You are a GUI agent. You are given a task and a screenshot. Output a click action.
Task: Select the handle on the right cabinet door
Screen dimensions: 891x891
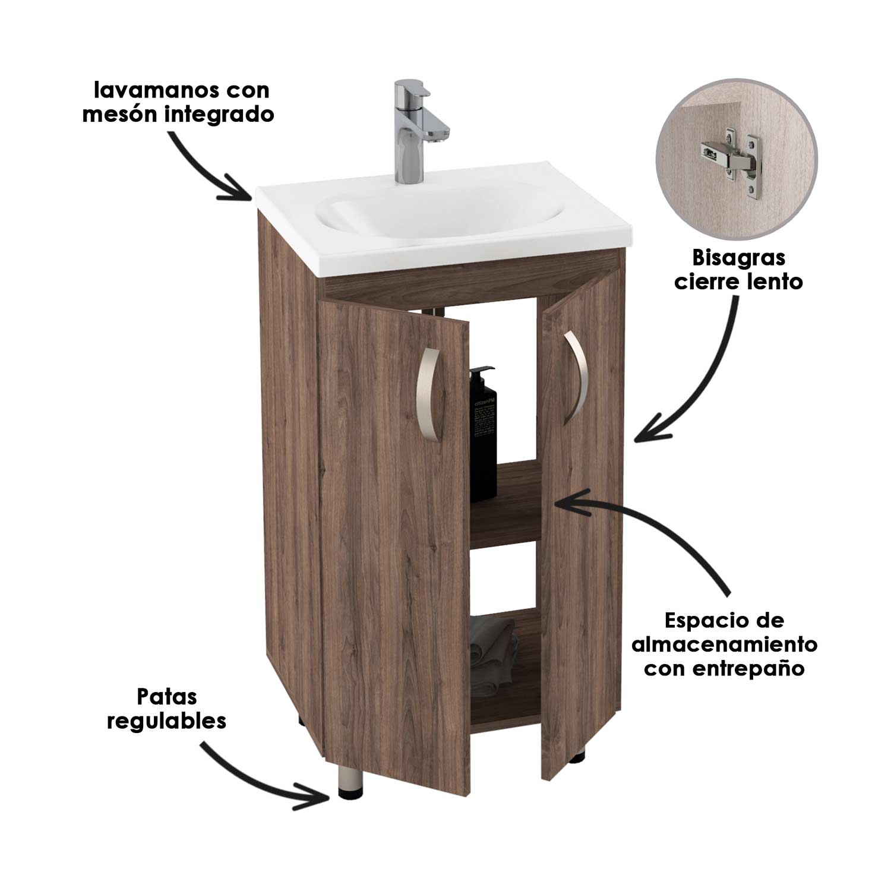[574, 377]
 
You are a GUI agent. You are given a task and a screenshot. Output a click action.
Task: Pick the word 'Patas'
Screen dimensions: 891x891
[166, 696]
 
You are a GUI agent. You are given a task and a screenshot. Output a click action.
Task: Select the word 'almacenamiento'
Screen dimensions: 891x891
[724, 644]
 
